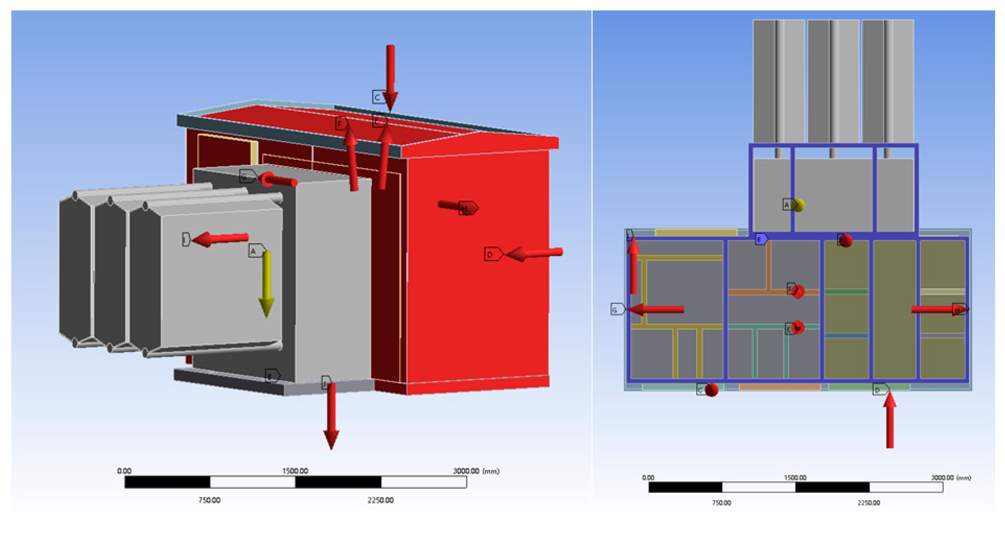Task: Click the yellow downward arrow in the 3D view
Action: coord(266,284)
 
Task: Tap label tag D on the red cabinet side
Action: coord(492,254)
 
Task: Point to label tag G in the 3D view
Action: coord(247,176)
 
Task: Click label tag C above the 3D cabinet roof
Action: coord(379,97)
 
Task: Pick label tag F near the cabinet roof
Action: coord(341,124)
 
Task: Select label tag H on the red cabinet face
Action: coord(468,208)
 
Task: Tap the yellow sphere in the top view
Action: coord(798,205)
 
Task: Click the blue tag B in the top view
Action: coord(760,240)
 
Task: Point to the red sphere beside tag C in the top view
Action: coord(711,390)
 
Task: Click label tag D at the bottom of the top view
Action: coord(880,389)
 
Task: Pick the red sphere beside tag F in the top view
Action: coord(798,291)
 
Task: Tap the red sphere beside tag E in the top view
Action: coord(798,328)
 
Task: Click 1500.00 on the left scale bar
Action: coord(295,471)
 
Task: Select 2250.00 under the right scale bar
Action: coord(869,503)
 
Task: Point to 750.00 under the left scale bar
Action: coord(209,500)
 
